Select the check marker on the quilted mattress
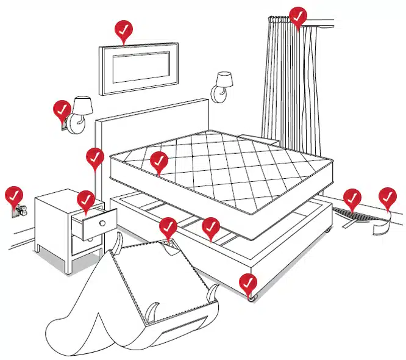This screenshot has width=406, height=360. coord(158,161)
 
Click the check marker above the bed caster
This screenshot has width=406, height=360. coord(248,283)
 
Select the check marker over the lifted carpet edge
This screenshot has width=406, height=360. coord(352,198)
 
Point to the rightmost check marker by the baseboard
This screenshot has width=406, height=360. coord(387,196)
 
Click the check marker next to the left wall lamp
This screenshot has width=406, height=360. coord(62,110)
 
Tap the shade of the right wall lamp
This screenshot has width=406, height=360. coord(224,79)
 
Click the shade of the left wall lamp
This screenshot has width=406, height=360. coord(82,105)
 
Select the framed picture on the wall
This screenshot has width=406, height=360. coord(138,67)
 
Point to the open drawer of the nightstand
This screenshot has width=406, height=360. coord(94,224)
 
